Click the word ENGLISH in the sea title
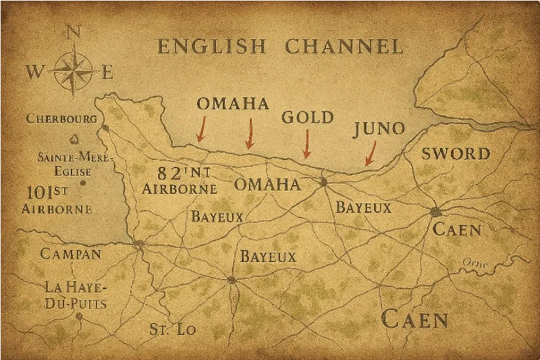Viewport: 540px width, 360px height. [x=213, y=47]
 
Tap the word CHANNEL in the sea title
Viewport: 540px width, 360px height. [x=344, y=47]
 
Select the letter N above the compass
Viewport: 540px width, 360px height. [x=76, y=32]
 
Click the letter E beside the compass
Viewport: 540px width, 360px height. [x=108, y=72]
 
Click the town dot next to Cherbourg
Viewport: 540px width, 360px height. [x=105, y=126]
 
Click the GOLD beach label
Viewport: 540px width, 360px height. [x=307, y=118]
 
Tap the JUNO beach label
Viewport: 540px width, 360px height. [x=379, y=129]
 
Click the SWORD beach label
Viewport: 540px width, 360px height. [x=456, y=154]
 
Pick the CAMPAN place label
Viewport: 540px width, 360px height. [x=70, y=254]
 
